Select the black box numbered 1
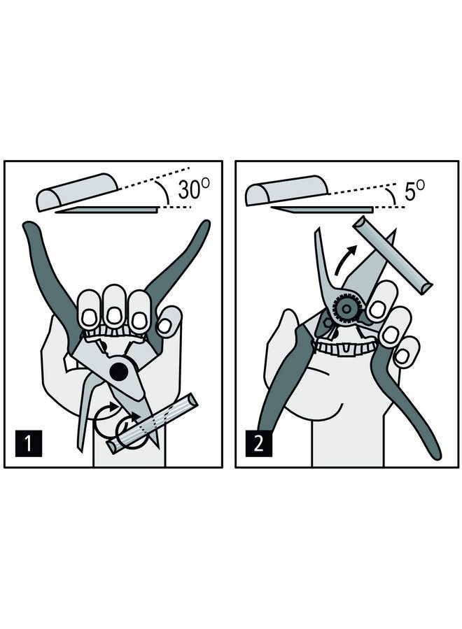click(27, 443)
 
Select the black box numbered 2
click(258, 443)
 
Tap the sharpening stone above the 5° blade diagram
click(283, 189)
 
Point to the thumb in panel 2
click(287, 335)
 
